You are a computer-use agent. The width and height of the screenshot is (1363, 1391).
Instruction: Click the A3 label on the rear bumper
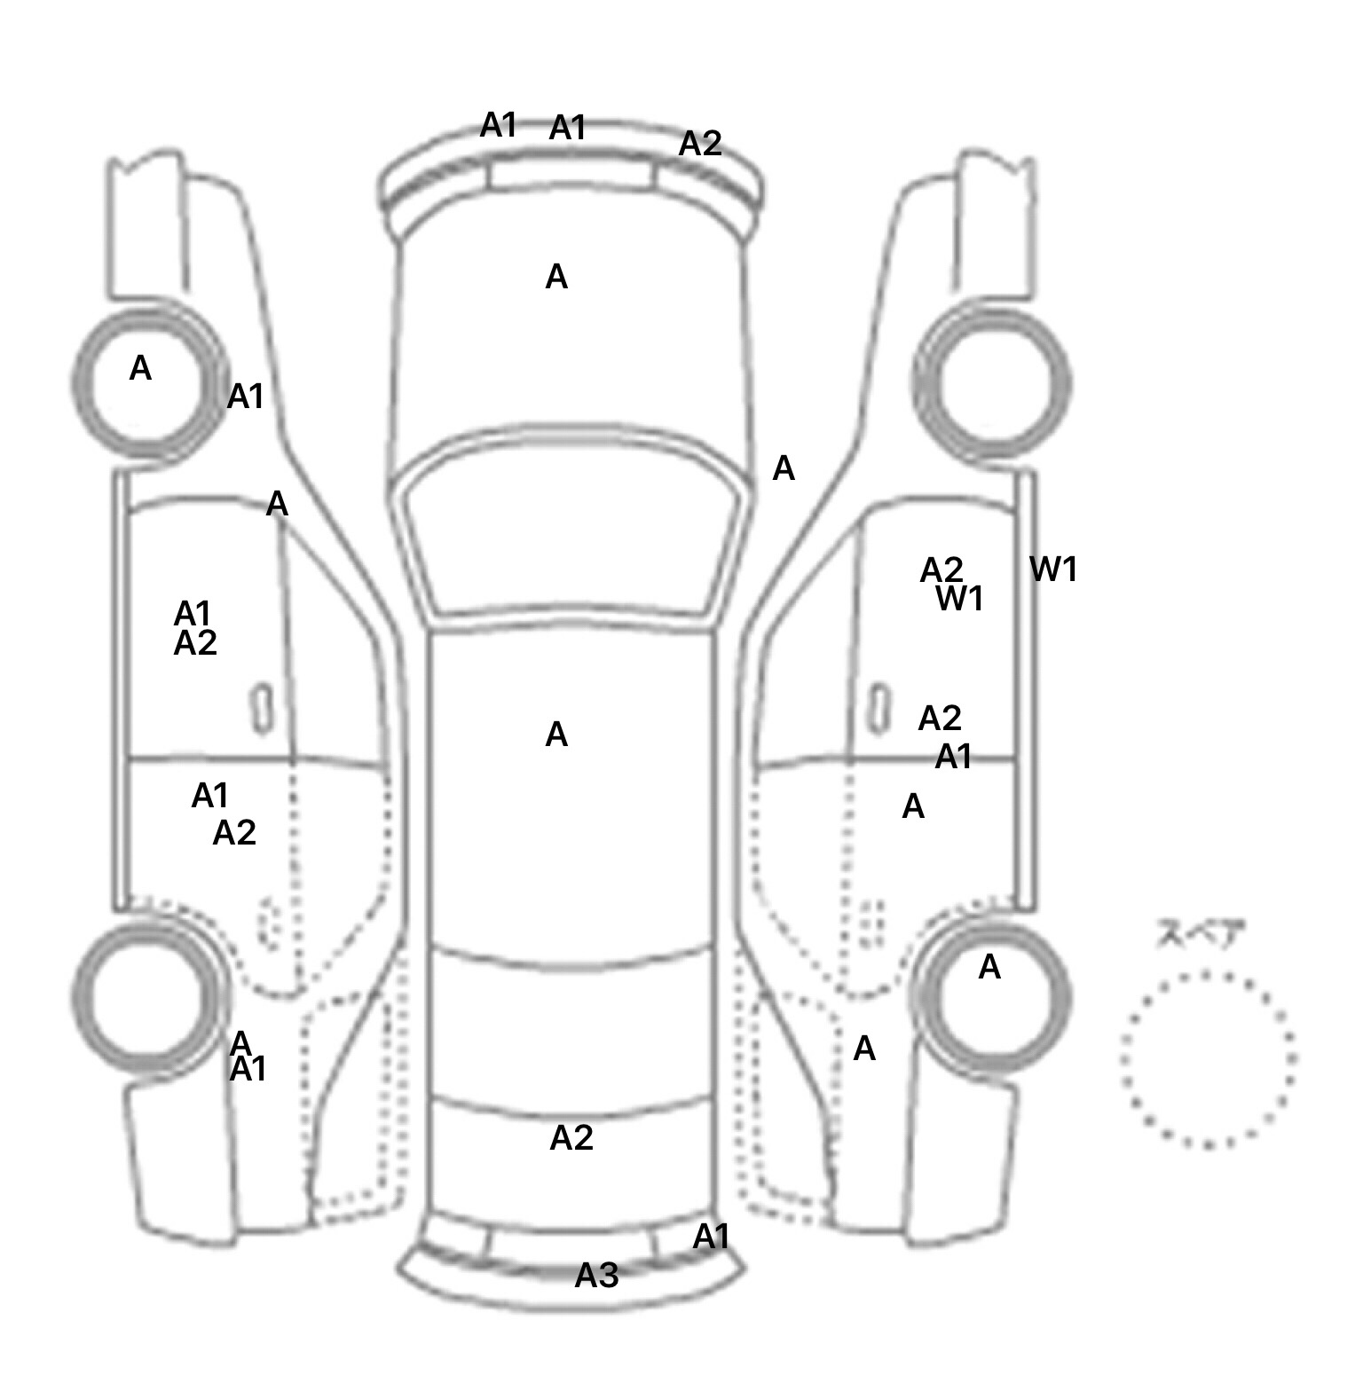pos(596,1276)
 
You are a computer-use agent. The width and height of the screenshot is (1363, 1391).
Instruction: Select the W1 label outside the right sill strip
pos(1053,570)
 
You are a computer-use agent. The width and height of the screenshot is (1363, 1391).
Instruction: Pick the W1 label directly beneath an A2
pos(959,600)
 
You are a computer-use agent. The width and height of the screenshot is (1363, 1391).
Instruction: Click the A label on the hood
pos(556,278)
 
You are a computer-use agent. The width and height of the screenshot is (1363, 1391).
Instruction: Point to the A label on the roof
pos(556,735)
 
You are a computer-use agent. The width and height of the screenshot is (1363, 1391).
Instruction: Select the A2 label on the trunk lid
pos(571,1138)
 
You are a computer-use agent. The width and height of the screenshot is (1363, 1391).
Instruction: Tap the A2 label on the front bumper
pos(700,144)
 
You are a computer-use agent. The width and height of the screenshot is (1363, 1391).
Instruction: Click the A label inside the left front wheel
pos(140,368)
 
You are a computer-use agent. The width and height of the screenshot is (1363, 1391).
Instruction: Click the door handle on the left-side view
pos(262,709)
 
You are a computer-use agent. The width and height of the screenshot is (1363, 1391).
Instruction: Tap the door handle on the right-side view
pos(878,707)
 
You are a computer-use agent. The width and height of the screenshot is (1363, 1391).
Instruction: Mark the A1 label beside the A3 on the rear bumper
pos(711,1237)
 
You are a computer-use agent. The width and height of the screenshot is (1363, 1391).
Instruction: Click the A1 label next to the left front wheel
pos(246,397)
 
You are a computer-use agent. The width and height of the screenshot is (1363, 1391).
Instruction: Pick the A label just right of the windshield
pos(784,468)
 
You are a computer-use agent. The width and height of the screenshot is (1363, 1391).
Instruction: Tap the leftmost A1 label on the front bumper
pos(499,126)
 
